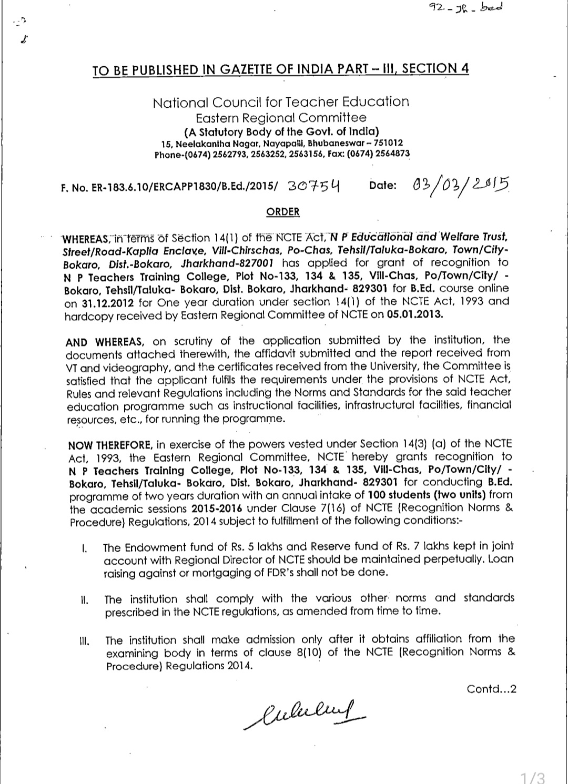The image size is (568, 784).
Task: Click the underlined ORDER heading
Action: pos(283,212)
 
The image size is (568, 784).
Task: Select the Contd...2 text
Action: pos(491,689)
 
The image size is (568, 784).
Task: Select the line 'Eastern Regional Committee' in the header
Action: pos(281,118)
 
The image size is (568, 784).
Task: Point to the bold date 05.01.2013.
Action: pos(415,314)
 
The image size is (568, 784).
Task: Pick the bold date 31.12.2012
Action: pos(108,302)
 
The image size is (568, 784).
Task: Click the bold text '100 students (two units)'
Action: pos(427,495)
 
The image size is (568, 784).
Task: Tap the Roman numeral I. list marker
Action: pos(84,548)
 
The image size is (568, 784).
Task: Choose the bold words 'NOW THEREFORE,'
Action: pos(110,444)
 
